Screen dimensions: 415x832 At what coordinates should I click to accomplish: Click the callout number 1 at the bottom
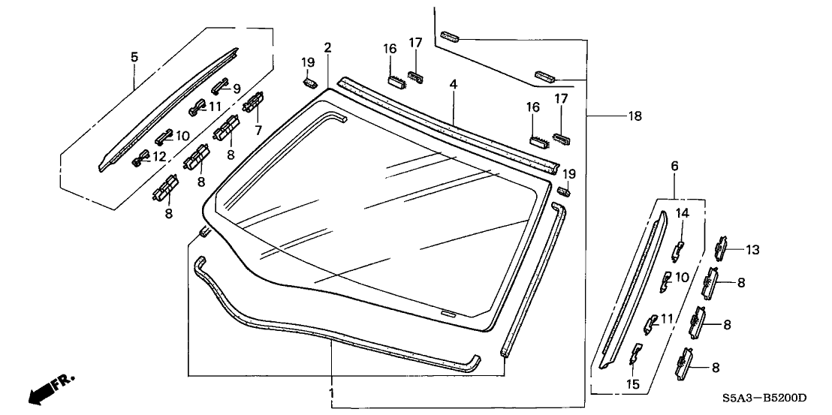330,392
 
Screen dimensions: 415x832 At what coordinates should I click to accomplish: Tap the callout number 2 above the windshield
327,47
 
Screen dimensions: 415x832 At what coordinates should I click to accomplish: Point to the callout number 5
134,56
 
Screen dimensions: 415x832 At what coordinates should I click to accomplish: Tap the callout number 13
753,250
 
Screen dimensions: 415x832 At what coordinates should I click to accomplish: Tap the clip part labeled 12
139,159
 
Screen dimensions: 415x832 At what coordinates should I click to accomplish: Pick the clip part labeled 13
722,246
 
